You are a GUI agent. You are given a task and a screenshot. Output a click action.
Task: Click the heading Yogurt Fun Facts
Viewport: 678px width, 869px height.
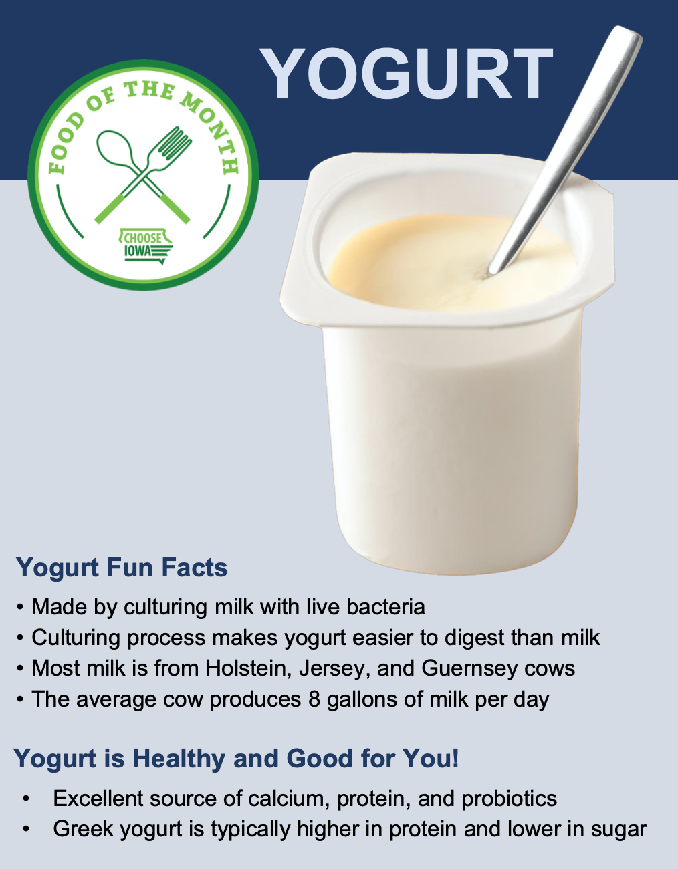(x=122, y=568)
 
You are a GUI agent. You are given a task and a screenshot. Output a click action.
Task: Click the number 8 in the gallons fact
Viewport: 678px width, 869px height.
(x=314, y=699)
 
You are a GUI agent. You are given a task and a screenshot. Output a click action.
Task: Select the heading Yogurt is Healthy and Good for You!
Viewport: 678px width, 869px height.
(x=236, y=759)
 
